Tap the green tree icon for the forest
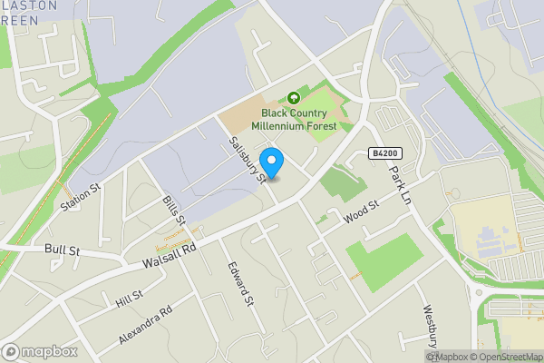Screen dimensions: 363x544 [293, 98]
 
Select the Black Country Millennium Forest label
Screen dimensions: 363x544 [299, 119]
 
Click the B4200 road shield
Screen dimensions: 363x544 [385, 155]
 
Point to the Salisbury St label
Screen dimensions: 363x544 [247, 160]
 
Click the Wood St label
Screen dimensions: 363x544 [360, 216]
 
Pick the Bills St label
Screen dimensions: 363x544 [174, 210]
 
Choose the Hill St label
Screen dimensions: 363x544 [129, 298]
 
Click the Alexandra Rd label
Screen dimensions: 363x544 [145, 325]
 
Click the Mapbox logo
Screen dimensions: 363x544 [39, 351]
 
